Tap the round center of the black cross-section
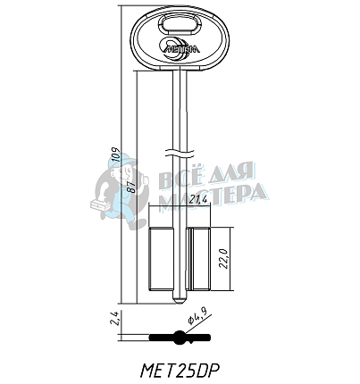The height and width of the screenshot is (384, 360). [180, 338]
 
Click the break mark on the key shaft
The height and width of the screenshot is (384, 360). [180, 148]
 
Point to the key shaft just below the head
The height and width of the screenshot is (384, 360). [180, 85]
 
